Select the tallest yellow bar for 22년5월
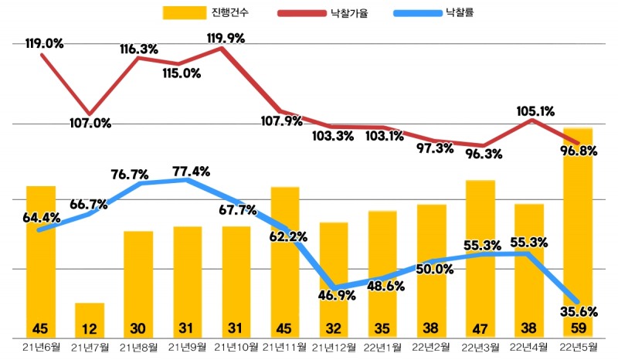pyautogui.click(x=578, y=232)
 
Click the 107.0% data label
pyautogui.click(x=91, y=122)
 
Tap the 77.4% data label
pyautogui.click(x=189, y=172)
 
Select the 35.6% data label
pyautogui.click(x=577, y=313)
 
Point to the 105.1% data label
pyautogui.click(x=534, y=111)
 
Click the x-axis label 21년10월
pyautogui.click(x=236, y=347)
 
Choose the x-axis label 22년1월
pyautogui.click(x=383, y=347)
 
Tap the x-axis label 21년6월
pyautogui.click(x=41, y=347)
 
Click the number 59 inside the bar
pyautogui.click(x=578, y=328)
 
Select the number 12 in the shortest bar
pyautogui.click(x=90, y=328)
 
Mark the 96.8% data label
pyautogui.click(x=577, y=151)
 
